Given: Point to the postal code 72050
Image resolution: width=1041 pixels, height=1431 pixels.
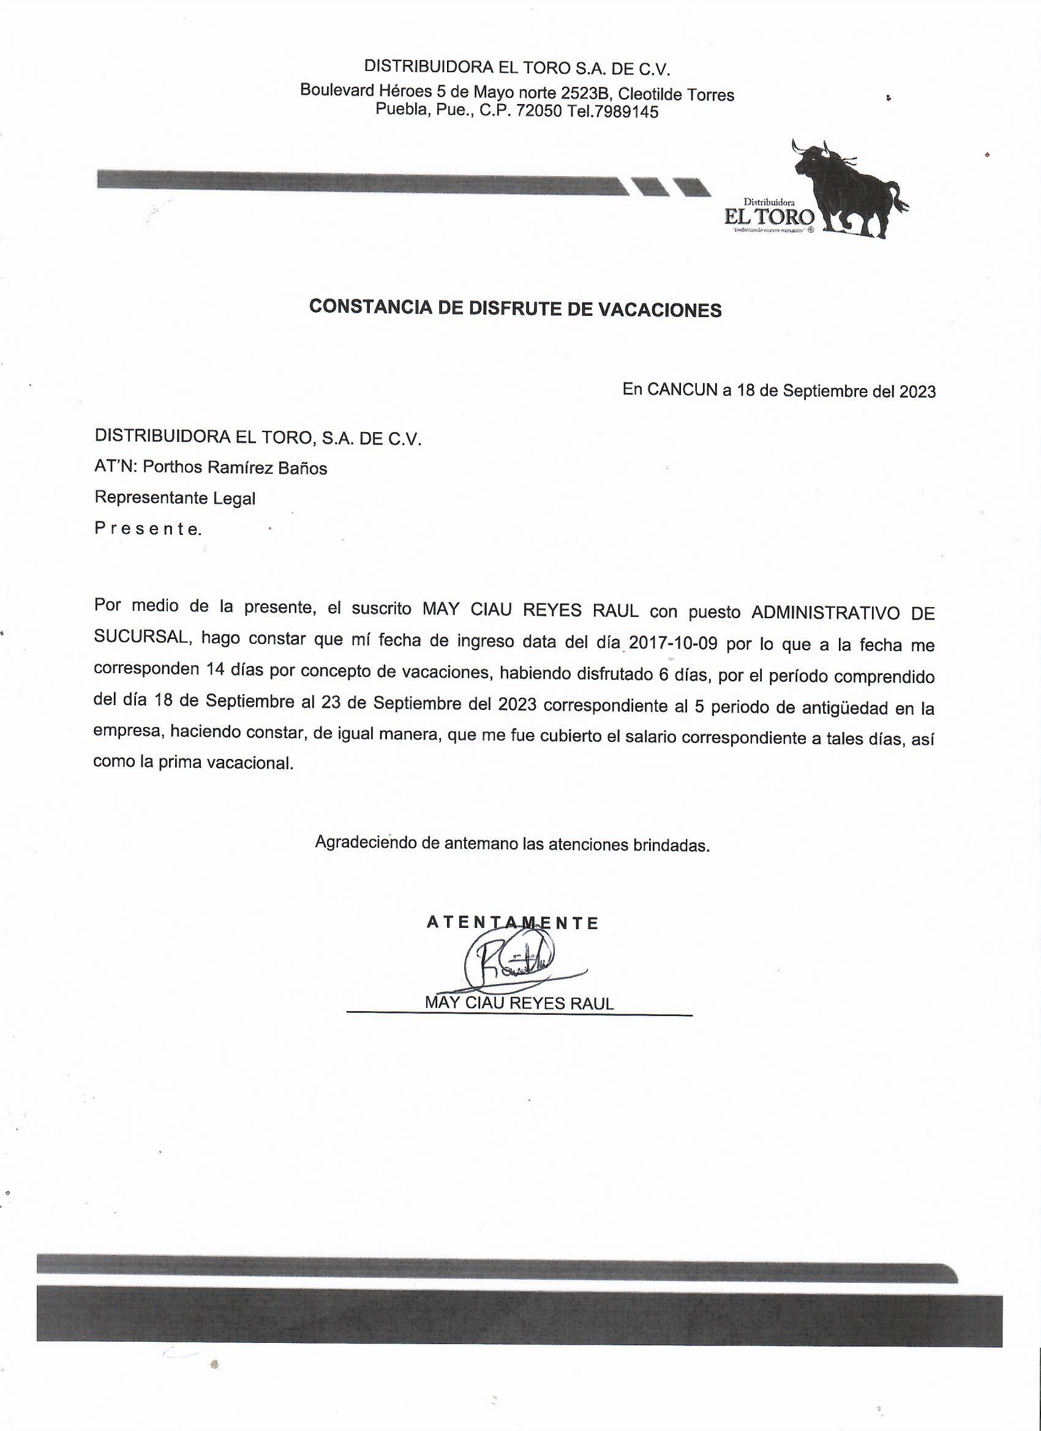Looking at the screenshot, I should (538, 111).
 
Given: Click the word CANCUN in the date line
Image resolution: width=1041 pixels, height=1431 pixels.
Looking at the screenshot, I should (682, 390).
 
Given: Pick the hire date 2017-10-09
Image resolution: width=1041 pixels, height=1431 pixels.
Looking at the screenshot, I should (674, 645).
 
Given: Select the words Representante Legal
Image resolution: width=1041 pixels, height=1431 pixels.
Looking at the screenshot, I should (175, 498).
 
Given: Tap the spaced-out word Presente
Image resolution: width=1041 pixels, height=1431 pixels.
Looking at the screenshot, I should (148, 529).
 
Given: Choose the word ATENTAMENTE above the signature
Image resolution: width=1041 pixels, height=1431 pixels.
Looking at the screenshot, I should (512, 923).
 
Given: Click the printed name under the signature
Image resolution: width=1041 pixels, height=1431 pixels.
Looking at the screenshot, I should (519, 1003).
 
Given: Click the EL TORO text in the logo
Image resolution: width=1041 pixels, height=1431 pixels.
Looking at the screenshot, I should (769, 217).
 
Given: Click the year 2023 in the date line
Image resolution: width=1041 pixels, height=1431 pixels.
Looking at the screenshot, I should (917, 392).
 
